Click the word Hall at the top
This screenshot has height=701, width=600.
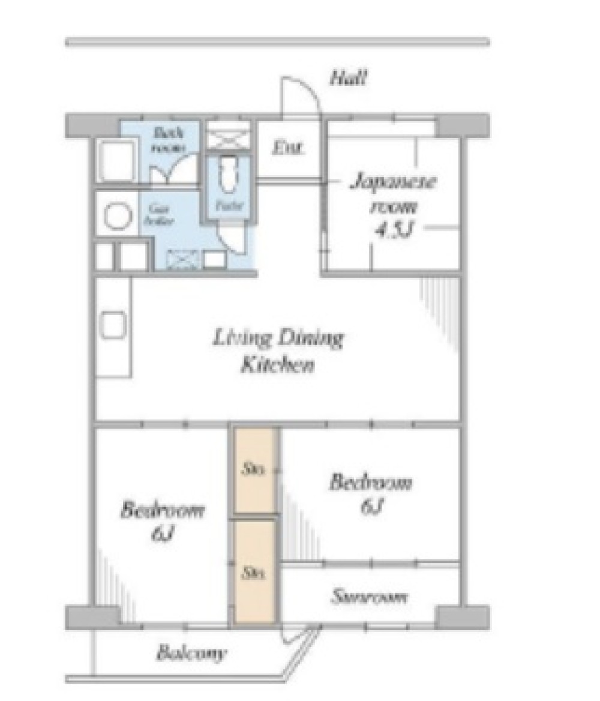[348, 78]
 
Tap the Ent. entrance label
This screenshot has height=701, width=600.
[289, 147]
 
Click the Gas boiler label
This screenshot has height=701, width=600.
[158, 215]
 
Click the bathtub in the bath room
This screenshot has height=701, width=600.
[118, 160]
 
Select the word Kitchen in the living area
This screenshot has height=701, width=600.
[277, 366]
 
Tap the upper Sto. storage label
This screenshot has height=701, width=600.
[253, 470]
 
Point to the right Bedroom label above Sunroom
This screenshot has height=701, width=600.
[371, 483]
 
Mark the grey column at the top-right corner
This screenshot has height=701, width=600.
[461, 125]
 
